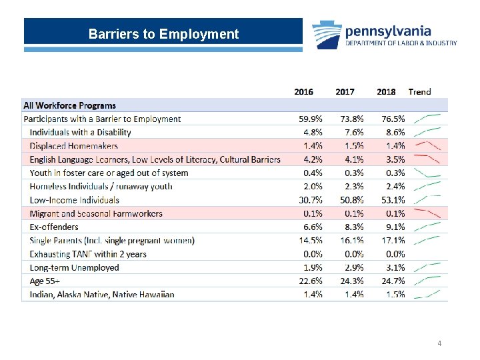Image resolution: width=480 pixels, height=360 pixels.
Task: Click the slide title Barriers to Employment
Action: pos(163,34)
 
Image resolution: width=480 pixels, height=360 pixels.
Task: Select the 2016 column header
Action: pos(304,91)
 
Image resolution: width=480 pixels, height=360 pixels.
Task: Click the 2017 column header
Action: pos(345,91)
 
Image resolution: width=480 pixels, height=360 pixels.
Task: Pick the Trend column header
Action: pos(419,91)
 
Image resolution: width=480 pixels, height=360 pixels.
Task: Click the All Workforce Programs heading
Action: pos(69,105)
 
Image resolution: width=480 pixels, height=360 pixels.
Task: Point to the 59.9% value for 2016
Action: pos(310,119)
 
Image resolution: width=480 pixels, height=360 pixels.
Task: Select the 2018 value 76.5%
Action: pos(393,119)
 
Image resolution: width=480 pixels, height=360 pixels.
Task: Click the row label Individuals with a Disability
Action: pos(80,132)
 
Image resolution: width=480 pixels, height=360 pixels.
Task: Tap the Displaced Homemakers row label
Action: pos(73,146)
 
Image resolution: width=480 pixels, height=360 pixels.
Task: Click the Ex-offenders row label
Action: pos(54,227)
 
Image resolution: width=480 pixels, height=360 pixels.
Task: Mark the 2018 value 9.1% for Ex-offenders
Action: pos(395,227)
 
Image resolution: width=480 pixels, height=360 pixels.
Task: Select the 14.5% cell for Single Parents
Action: pos(310,241)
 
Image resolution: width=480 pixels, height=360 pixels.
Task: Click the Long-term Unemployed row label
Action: pos(74,268)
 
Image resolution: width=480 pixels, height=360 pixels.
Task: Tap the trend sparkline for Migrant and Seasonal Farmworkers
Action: pos(427,213)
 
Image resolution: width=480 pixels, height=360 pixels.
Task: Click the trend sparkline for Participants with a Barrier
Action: pos(427,119)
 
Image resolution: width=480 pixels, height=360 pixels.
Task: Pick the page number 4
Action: pos(439,343)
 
